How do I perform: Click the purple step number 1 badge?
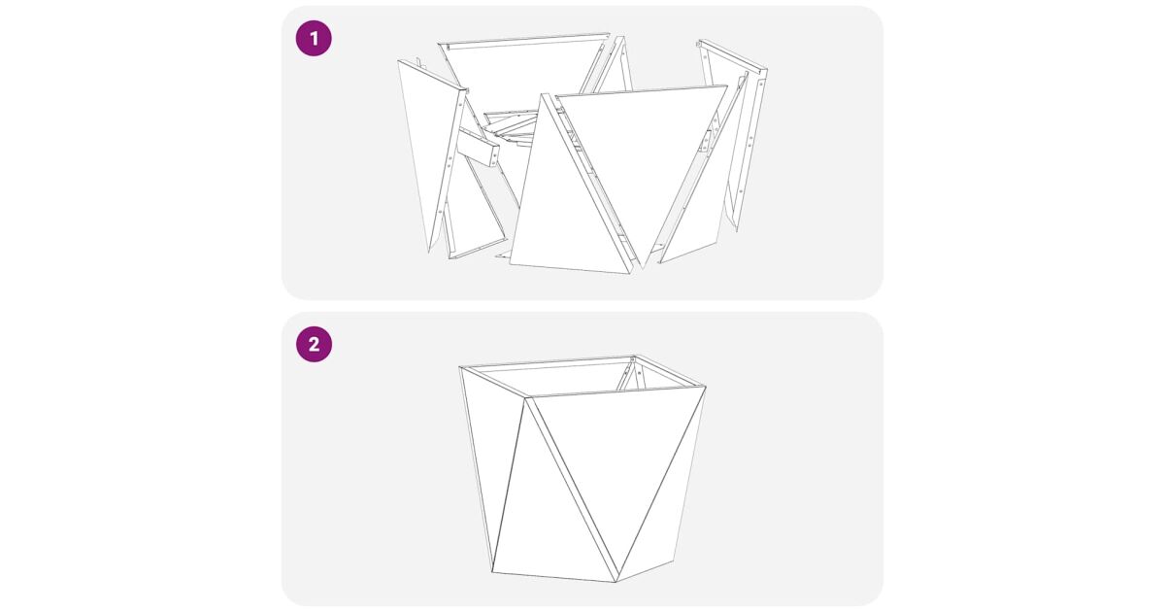(x=314, y=39)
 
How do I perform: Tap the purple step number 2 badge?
(x=314, y=345)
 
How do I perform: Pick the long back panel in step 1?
(x=520, y=68)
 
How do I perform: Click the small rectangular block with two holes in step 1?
(x=478, y=148)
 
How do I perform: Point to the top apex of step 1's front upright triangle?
(x=544, y=93)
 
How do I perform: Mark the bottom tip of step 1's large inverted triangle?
(x=643, y=268)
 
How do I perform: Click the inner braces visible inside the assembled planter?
(x=629, y=375)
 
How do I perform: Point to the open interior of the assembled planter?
(x=578, y=376)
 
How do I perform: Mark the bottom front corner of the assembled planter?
(x=616, y=582)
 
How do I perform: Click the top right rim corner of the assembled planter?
(x=705, y=387)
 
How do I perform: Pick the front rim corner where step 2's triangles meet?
(x=526, y=397)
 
